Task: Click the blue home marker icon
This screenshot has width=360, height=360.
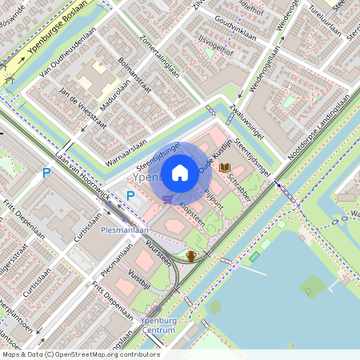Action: [180, 172]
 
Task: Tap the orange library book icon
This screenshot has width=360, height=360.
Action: [226, 167]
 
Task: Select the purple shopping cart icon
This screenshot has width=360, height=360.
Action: [166, 199]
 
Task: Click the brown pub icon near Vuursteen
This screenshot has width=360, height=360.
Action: [191, 256]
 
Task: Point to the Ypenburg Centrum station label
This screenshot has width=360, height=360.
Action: [158, 325]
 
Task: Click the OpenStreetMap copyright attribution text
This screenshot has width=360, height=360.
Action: [80, 354]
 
